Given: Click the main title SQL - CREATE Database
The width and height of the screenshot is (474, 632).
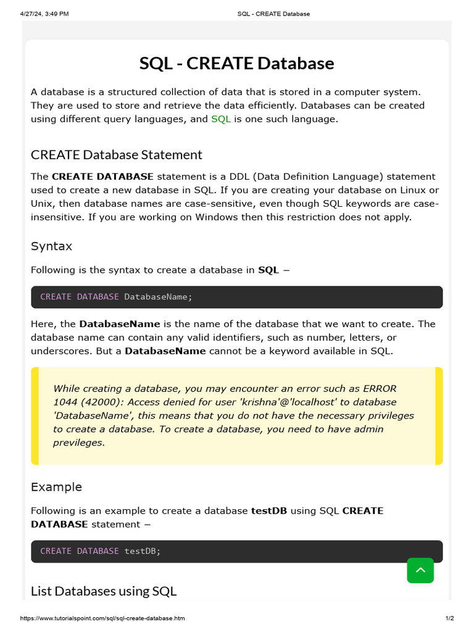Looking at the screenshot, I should [x=236, y=64].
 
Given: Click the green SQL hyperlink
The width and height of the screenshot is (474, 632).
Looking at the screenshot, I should [x=221, y=119].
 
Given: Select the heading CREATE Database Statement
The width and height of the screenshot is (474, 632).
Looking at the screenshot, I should [x=117, y=154].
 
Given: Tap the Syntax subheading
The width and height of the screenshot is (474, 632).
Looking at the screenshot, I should [x=51, y=246].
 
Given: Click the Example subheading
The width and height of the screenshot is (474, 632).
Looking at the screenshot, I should [x=56, y=487].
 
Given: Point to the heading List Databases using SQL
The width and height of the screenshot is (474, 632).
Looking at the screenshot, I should [x=104, y=591].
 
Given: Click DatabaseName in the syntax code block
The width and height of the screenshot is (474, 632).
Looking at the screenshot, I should [x=158, y=297].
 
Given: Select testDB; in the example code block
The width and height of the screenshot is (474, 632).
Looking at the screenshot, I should [x=142, y=551].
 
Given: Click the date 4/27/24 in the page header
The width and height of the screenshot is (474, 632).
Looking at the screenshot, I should [x=36, y=14].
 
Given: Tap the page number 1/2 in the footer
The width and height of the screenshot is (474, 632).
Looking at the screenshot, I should [x=449, y=618].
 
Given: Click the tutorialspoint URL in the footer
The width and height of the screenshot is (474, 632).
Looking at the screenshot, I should [x=102, y=618].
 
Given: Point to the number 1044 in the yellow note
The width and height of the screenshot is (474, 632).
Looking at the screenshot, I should [x=65, y=402].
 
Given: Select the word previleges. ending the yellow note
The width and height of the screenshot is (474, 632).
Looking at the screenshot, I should [x=79, y=443].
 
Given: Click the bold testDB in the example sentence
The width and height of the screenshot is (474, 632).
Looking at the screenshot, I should [x=268, y=511].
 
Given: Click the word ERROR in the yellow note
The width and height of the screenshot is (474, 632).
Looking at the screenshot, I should [x=380, y=388].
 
